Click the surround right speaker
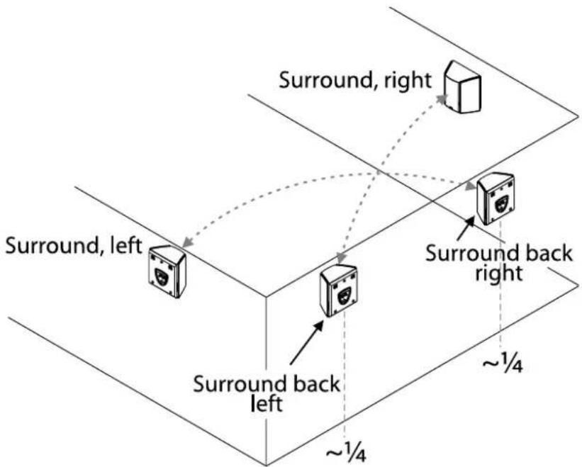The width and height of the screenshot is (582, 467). (463, 88)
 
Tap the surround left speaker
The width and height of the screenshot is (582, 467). (167, 271)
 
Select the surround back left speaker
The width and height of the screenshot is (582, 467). (339, 291)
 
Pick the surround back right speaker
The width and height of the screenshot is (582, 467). (496, 198)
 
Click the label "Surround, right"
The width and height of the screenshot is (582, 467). (355, 81)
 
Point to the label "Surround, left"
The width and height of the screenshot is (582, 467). (74, 246)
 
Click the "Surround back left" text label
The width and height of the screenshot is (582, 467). (267, 394)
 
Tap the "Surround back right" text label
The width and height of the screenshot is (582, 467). (499, 264)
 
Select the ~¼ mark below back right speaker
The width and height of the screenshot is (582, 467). (503, 361)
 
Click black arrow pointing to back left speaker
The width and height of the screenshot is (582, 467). (306, 342)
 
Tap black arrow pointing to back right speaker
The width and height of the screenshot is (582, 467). (466, 228)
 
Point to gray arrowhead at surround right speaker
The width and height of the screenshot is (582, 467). (442, 99)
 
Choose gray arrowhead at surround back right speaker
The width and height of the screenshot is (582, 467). (471, 186)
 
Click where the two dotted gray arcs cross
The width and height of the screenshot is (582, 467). (377, 174)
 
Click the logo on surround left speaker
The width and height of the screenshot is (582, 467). (162, 276)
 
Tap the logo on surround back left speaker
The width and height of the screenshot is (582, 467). (345, 295)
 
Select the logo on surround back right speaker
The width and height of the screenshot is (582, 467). (501, 203)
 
